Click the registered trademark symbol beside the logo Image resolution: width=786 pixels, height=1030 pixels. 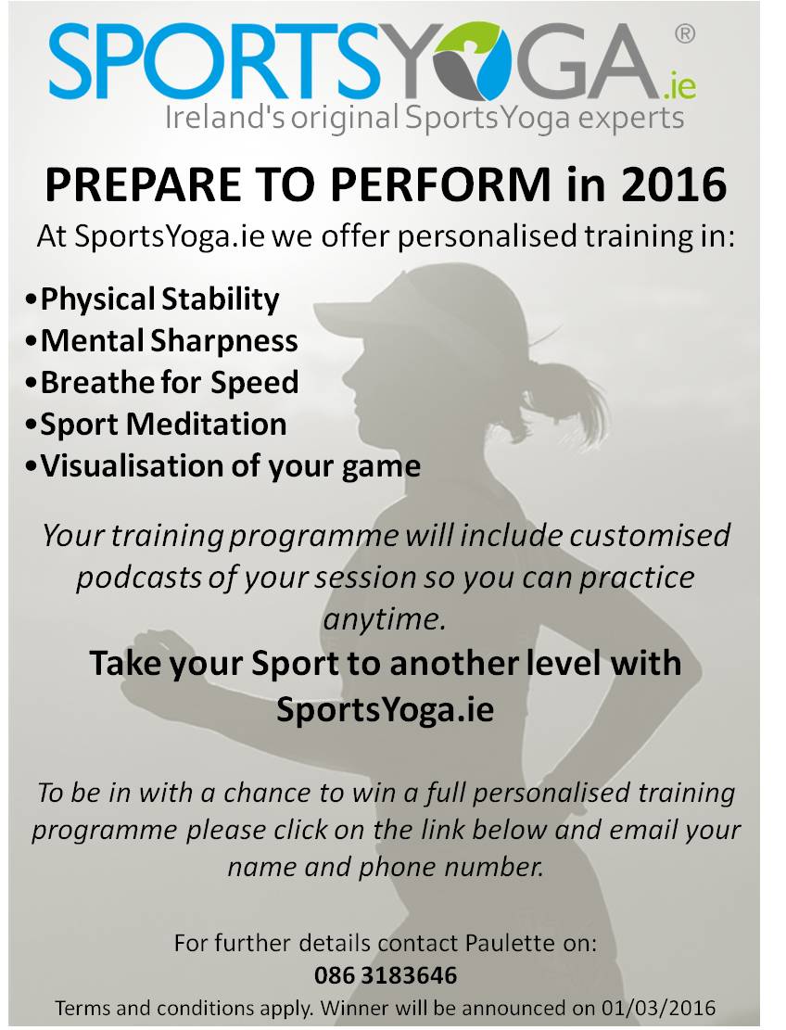[x=684, y=33]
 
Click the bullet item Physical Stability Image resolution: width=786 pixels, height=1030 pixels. [x=159, y=299]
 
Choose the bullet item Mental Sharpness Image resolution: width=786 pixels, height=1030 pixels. [x=170, y=341]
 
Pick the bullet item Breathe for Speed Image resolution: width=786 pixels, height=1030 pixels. [x=170, y=383]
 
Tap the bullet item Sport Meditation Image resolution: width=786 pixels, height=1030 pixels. [x=163, y=425]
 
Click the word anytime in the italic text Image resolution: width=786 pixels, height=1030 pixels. [x=384, y=619]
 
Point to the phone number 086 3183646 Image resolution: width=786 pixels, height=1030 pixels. [x=386, y=975]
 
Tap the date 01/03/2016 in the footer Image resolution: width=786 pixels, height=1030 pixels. [x=657, y=1008]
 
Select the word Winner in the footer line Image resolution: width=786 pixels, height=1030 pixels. [x=355, y=1008]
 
